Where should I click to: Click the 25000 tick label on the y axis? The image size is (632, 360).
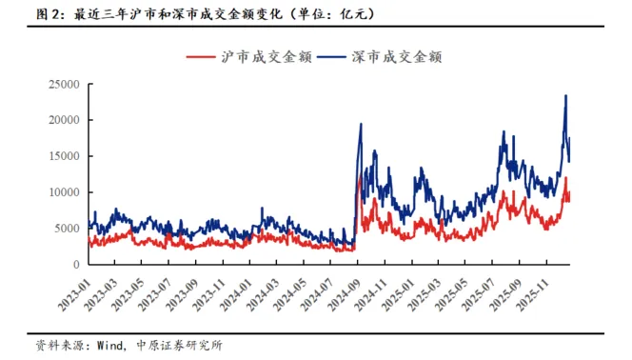tap(64, 85)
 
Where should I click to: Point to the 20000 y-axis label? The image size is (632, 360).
tap(64, 120)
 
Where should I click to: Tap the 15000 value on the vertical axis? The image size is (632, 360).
tap(64, 156)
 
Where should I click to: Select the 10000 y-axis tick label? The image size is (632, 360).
tap(64, 192)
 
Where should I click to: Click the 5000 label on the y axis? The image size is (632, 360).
tap(68, 229)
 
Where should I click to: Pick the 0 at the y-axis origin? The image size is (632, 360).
tap(76, 265)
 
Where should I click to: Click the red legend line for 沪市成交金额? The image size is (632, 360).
tap(201, 57)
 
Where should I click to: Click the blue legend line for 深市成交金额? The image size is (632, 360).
tap(331, 57)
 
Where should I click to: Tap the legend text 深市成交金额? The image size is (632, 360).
tap(397, 57)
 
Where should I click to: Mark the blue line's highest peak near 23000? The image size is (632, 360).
tap(566, 95)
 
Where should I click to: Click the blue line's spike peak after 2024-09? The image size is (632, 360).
tap(361, 124)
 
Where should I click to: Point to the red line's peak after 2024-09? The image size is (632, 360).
tap(360, 176)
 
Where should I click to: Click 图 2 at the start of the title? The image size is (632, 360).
tap(48, 14)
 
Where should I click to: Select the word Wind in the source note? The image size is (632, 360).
tap(109, 346)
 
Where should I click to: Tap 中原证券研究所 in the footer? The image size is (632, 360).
tap(179, 346)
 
